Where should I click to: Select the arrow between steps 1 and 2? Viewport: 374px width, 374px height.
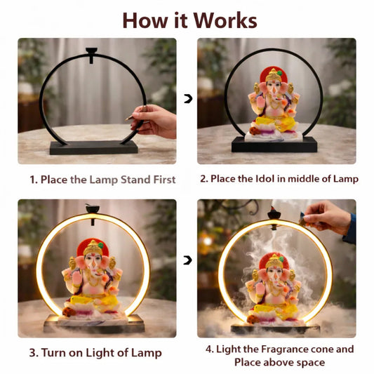[187, 99]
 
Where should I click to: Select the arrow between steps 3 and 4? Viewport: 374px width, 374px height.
[187, 260]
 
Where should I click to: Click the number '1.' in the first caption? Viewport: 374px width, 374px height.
[34, 180]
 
